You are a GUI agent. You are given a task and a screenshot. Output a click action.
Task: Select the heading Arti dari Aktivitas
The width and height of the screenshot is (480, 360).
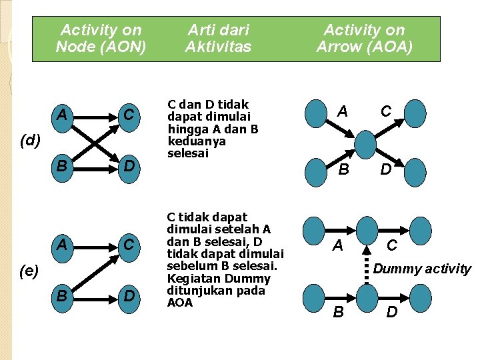(x=218, y=38)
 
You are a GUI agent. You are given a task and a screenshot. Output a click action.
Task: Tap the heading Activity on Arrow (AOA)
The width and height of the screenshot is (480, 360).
(x=364, y=38)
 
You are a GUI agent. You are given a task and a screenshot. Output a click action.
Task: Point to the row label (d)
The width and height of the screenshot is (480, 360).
(x=30, y=140)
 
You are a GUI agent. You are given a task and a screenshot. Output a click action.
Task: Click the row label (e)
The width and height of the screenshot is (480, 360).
(x=29, y=270)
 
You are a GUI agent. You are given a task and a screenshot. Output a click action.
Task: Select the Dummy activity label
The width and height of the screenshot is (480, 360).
(x=422, y=269)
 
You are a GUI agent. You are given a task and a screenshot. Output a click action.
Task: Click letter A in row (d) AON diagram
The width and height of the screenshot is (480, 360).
(x=62, y=115)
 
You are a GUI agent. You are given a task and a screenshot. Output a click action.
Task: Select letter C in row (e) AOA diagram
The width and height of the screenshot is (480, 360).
(x=392, y=245)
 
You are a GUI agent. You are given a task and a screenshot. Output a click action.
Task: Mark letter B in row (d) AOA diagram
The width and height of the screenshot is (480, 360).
(x=343, y=169)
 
